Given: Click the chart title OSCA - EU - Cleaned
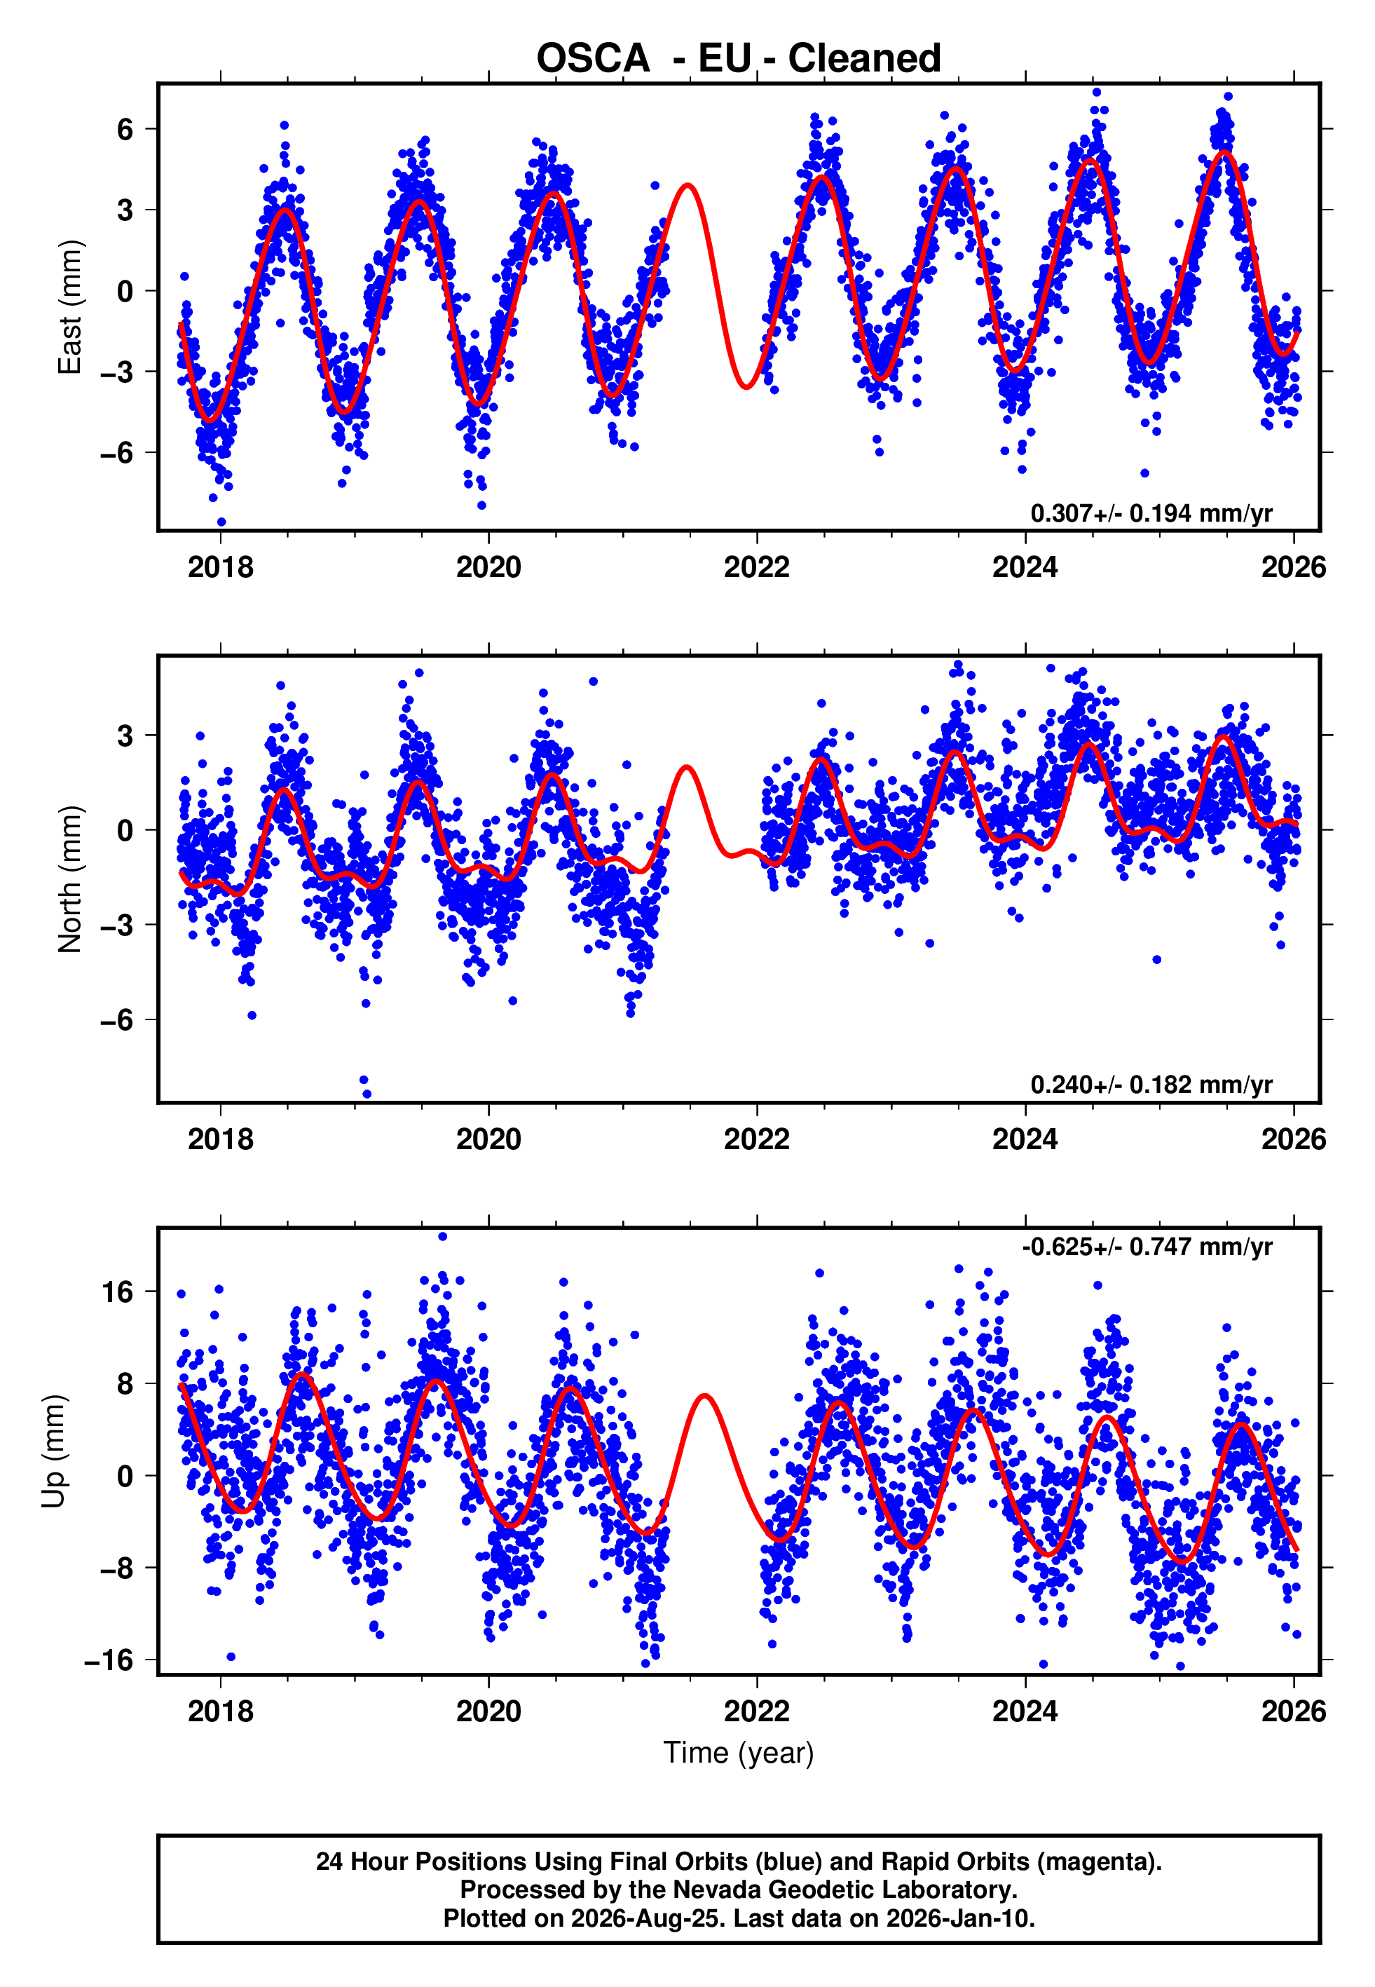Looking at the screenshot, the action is click(739, 59).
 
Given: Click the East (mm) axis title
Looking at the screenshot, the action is click(69, 307).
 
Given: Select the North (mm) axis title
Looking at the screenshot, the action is click(69, 879).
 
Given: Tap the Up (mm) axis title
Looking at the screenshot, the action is click(53, 1451).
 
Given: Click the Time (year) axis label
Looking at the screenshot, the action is click(739, 1754).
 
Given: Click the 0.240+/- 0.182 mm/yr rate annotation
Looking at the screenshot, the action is click(1151, 1085).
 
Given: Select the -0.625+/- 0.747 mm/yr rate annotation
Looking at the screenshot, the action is click(1147, 1247).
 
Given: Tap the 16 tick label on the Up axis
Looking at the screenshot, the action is click(118, 1292).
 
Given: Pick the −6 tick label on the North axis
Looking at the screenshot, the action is click(117, 1020).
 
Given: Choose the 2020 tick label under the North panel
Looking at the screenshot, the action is click(488, 1139).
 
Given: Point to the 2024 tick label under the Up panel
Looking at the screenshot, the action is click(1025, 1711).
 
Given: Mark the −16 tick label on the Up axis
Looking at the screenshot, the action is click(109, 1660).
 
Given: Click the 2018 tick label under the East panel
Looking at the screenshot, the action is click(221, 567).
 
